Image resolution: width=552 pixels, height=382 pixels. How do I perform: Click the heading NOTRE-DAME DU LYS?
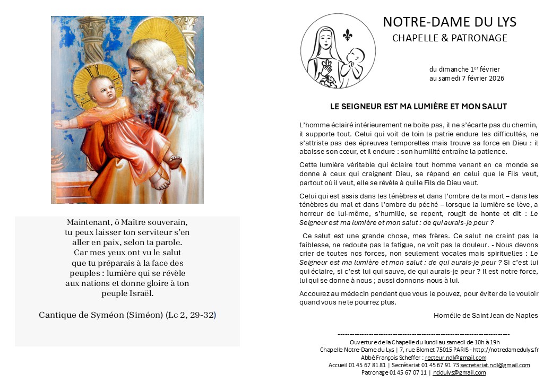click(450, 22)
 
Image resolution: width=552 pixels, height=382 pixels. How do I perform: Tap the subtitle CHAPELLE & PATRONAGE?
click(450, 38)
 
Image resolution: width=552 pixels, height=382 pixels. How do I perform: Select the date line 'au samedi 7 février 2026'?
click(467, 79)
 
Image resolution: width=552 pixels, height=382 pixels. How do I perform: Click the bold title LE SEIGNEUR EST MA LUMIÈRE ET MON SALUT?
click(419, 107)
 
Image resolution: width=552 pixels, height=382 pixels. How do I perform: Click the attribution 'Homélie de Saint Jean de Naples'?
click(486, 315)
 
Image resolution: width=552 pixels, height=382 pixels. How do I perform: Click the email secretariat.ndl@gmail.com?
click(495, 365)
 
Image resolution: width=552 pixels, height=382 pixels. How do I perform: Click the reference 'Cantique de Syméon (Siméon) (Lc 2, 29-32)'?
click(127, 315)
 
